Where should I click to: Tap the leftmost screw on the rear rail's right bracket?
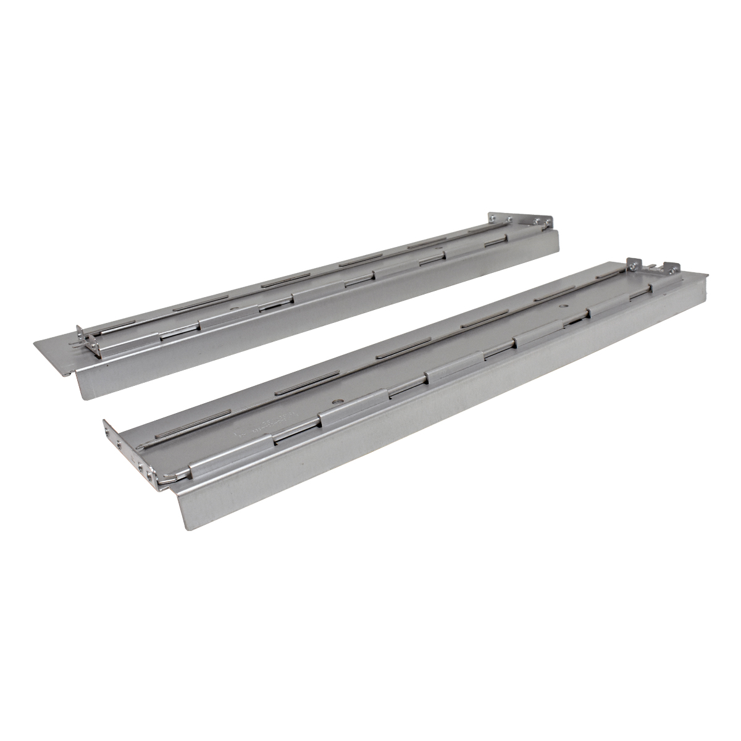(x=492, y=217)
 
